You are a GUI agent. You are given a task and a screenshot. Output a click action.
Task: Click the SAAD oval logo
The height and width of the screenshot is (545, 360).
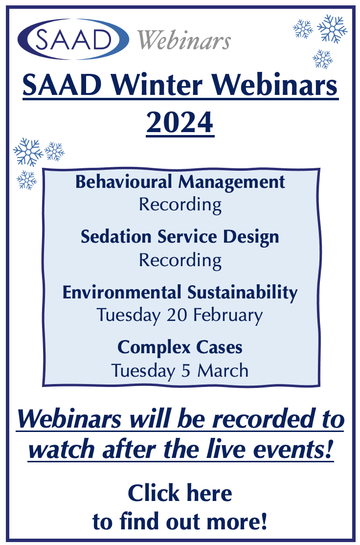[x=73, y=39]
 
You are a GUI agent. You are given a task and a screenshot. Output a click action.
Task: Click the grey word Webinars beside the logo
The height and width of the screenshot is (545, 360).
[x=184, y=40]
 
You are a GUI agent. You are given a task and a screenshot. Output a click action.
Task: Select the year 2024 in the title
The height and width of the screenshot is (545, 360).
[x=180, y=122]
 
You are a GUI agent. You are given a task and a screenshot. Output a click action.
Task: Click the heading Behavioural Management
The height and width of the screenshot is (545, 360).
[x=180, y=182]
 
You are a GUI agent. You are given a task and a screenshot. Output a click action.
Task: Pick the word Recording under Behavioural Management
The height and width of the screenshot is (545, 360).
[x=180, y=205]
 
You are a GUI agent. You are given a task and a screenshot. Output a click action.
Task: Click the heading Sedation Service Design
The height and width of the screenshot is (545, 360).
[x=180, y=237]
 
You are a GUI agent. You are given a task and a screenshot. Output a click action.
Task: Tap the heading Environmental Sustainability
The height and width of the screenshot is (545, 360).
[x=180, y=292]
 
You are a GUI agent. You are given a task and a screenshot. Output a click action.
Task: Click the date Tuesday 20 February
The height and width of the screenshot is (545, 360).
[x=180, y=316]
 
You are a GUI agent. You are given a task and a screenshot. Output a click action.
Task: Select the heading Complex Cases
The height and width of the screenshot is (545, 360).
[x=180, y=347]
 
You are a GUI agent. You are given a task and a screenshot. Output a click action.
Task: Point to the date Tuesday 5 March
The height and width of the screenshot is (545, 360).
[x=180, y=370]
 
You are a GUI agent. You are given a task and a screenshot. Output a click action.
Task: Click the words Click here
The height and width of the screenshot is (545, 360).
[x=180, y=493]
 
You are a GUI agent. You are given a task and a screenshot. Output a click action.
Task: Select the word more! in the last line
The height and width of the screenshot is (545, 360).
[x=239, y=522]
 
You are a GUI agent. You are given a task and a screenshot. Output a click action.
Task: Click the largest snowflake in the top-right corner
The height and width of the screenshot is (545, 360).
[x=332, y=29]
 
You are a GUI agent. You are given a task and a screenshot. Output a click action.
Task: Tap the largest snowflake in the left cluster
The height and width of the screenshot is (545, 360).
[x=28, y=152]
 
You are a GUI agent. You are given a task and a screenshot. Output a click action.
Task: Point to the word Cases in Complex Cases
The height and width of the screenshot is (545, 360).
[x=219, y=347]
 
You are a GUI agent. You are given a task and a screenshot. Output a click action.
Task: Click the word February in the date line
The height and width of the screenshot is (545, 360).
[x=228, y=316]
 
